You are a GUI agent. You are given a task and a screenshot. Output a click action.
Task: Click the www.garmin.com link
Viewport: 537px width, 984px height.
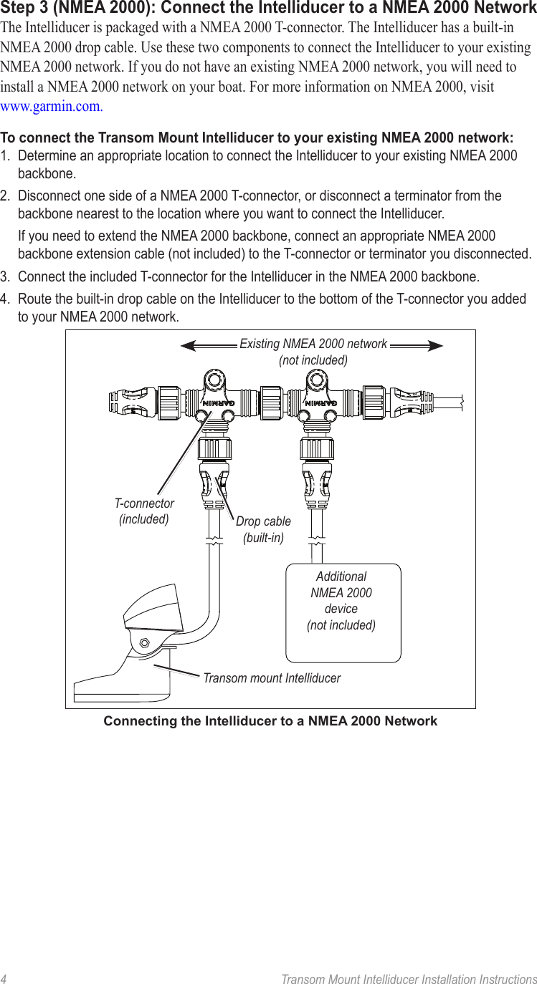click(52, 107)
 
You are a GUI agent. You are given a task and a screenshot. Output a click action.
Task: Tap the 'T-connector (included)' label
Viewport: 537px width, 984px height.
click(144, 511)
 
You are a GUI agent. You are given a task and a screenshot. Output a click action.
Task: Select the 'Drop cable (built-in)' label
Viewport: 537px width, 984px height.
click(263, 529)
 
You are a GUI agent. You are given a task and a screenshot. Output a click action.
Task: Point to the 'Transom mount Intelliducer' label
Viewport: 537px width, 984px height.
click(272, 677)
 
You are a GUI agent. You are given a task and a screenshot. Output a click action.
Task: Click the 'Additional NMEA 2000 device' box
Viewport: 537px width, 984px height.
click(343, 613)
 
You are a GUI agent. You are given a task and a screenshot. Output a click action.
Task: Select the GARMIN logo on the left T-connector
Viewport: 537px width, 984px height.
click(218, 402)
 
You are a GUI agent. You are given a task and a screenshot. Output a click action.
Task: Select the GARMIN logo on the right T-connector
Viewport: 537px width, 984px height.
click(321, 402)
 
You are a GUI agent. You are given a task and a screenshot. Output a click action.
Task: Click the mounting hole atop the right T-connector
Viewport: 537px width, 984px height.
click(315, 379)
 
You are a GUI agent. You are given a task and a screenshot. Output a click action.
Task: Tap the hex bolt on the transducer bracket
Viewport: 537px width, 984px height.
click(144, 643)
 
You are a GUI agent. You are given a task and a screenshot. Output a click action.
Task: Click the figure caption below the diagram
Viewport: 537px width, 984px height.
click(270, 721)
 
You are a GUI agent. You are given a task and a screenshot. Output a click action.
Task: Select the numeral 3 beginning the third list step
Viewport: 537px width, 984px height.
click(4, 276)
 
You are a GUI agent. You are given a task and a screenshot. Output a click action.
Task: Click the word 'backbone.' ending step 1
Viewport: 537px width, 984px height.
click(47, 173)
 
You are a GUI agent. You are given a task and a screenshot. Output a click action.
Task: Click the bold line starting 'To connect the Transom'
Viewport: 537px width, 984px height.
click(257, 138)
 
